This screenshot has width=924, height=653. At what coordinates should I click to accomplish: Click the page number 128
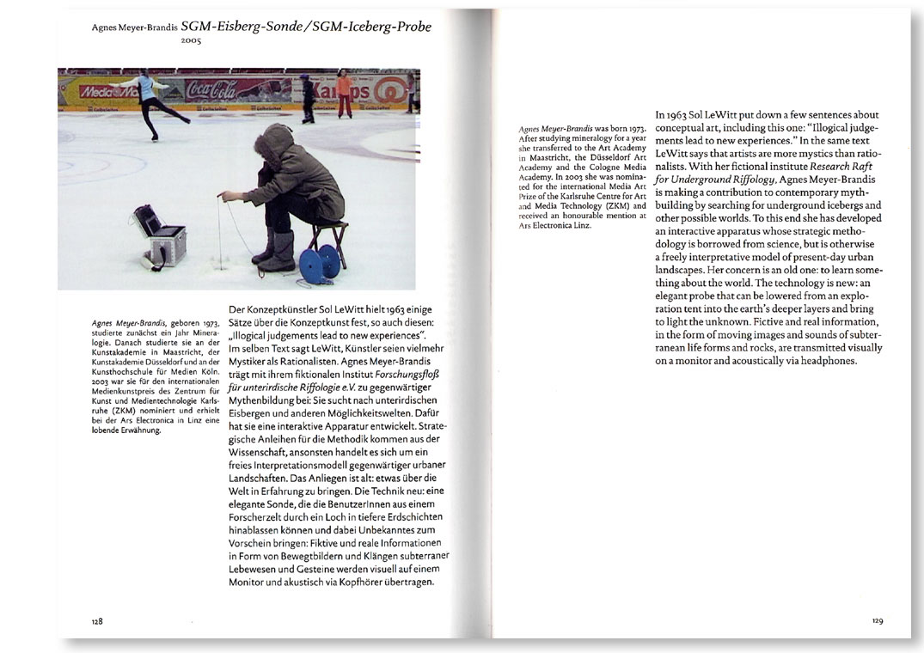98,620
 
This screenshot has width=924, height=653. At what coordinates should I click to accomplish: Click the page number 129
877,620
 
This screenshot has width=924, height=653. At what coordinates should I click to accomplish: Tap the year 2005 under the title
190,40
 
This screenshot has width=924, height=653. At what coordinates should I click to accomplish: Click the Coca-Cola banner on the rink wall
215,88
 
